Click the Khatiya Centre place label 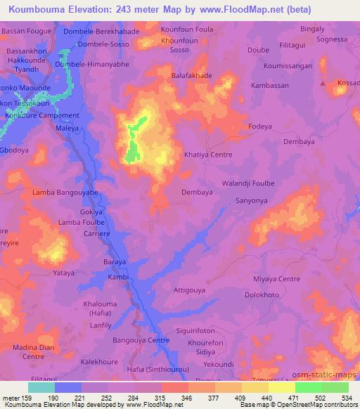click(x=207, y=155)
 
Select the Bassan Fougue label click(x=29, y=32)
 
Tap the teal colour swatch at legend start click(x=41, y=387)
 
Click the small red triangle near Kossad click(x=323, y=83)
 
